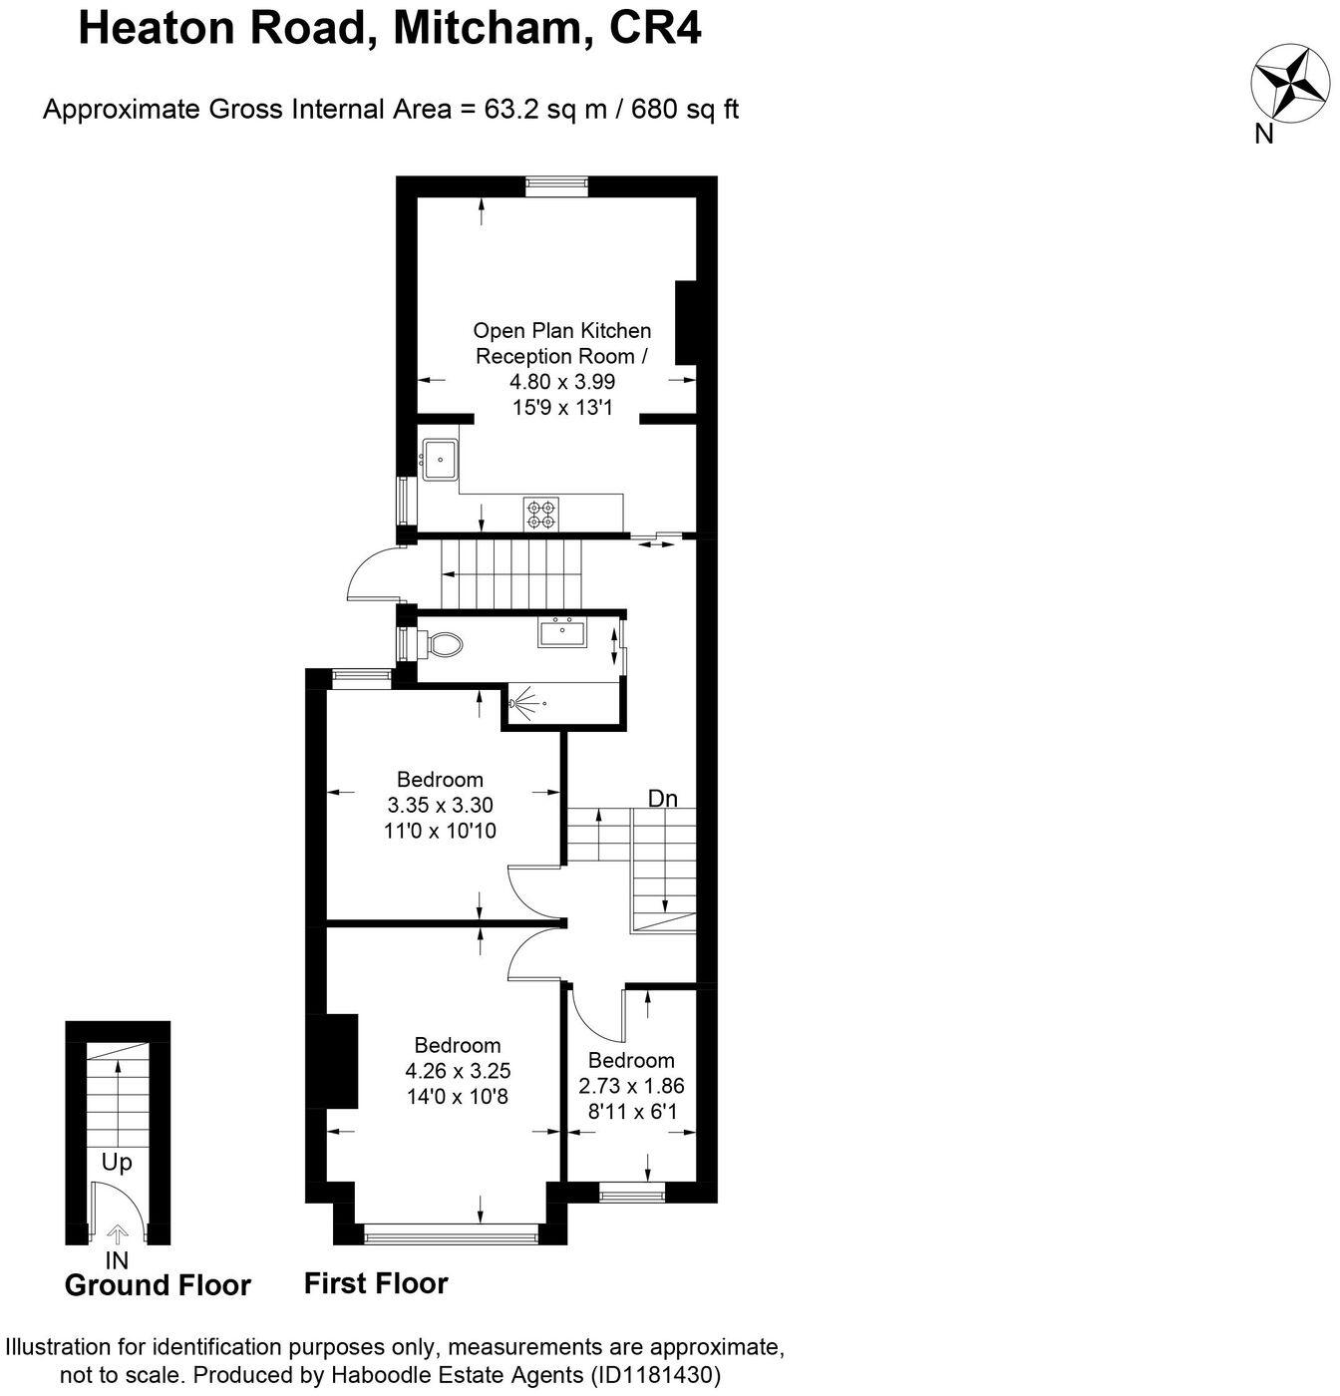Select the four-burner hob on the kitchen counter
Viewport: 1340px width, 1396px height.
point(541,513)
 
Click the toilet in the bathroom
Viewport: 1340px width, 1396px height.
point(445,645)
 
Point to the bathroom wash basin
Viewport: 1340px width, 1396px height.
point(562,632)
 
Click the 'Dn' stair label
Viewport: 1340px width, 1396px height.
point(663,798)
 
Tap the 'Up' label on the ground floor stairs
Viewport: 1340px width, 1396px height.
point(117,1162)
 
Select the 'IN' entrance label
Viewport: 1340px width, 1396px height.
point(117,1260)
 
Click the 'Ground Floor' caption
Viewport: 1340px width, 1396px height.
point(158,1285)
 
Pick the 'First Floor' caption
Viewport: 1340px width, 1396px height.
point(376,1283)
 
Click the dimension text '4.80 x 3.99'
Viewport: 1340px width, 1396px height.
point(562,382)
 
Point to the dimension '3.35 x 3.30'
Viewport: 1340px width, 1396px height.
point(440,805)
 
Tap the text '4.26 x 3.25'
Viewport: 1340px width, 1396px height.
point(458,1071)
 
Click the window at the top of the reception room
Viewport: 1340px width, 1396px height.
point(556,181)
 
